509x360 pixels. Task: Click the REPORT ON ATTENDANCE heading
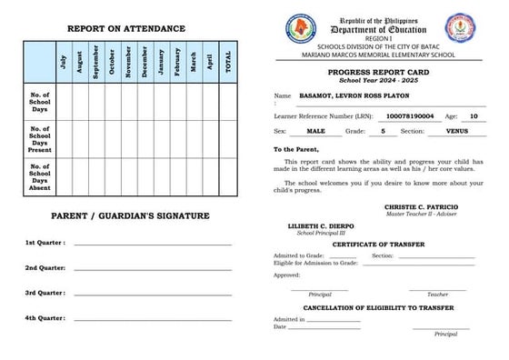[x=125, y=28]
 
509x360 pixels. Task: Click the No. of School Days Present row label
[x=39, y=138]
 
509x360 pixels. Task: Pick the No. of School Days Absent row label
[x=39, y=176]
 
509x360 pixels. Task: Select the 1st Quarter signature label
[x=45, y=243]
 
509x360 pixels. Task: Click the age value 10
[x=474, y=116]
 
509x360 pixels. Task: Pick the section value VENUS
[x=458, y=132]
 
